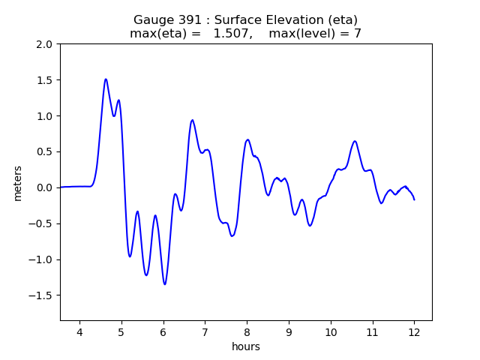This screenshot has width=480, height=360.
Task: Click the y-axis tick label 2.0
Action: pyautogui.click(x=44, y=44)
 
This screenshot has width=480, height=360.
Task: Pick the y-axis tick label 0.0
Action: pyautogui.click(x=44, y=187)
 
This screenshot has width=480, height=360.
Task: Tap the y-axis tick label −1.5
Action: pyautogui.click(x=40, y=295)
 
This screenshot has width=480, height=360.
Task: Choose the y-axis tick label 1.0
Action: pyautogui.click(x=44, y=116)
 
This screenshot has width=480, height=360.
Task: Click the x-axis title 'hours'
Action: pyautogui.click(x=246, y=346)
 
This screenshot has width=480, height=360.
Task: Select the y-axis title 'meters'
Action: pyautogui.click(x=18, y=183)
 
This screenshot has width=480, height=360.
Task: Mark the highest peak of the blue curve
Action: pyautogui.click(x=106, y=79)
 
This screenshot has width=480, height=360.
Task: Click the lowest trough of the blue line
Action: pyautogui.click(x=165, y=284)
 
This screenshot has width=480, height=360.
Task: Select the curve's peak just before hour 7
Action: pyautogui.click(x=193, y=120)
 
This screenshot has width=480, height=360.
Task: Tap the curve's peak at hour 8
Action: pyautogui.click(x=247, y=139)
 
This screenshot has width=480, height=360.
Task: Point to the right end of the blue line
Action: pyautogui.click(x=414, y=199)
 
